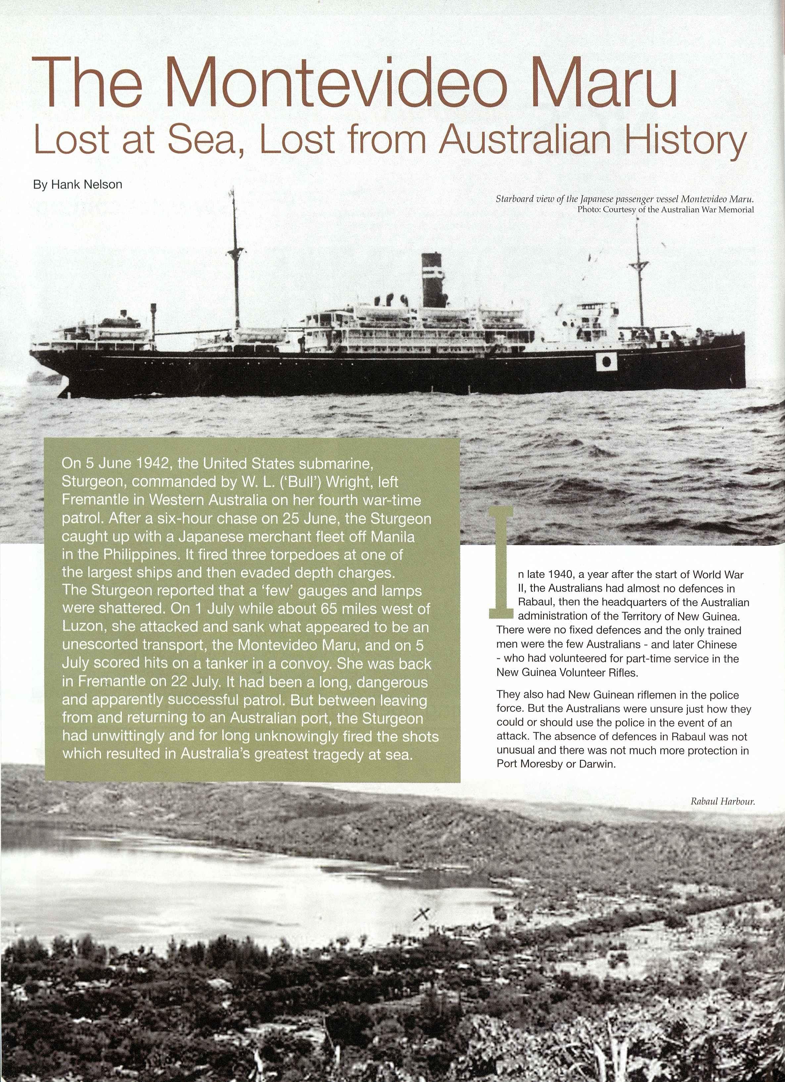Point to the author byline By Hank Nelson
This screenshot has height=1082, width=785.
point(77,185)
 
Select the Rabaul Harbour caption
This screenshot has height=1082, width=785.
point(722,802)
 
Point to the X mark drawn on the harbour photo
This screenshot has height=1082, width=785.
point(423,913)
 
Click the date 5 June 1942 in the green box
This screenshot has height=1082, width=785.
point(124,464)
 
